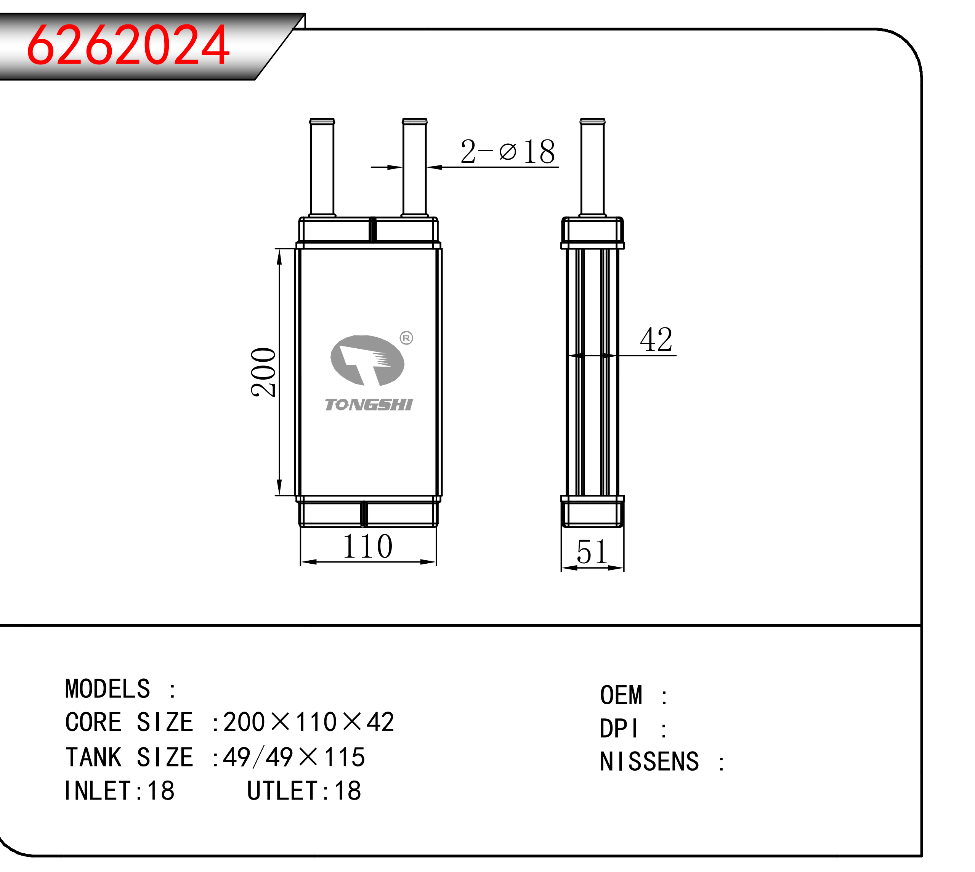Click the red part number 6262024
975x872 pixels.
pos(128,45)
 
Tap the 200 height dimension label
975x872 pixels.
pos(263,372)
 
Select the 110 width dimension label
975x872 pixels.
pos(367,546)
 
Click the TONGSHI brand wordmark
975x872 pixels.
pos(369,405)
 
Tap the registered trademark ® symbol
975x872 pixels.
pos(406,338)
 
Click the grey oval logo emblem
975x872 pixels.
pos(367,360)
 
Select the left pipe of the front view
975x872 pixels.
pos(322,168)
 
